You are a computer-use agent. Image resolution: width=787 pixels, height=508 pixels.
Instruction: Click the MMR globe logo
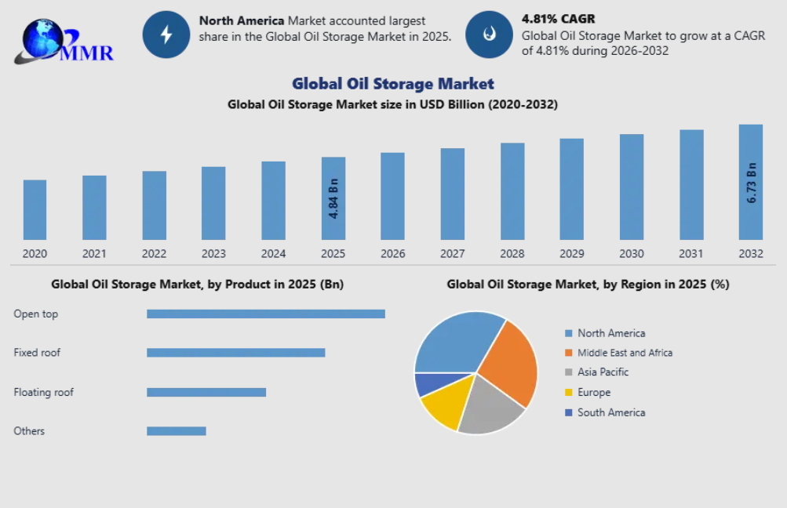pyautogui.click(x=62, y=39)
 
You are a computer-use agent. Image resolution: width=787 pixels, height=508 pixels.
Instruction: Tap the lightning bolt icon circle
pyautogui.click(x=166, y=34)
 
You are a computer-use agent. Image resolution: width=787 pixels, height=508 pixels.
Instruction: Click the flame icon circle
pyautogui.click(x=489, y=34)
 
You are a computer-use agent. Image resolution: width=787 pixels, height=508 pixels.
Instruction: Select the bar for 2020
pyautogui.click(x=35, y=209)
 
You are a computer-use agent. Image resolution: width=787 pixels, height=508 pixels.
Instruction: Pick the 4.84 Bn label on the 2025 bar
pyautogui.click(x=333, y=198)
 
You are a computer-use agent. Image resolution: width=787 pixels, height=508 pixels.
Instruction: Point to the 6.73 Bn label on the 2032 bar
pyautogui.click(x=751, y=183)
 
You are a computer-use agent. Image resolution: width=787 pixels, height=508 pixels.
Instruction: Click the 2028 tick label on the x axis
pyautogui.click(x=512, y=253)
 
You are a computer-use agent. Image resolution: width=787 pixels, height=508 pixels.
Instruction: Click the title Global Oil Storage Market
pyautogui.click(x=393, y=83)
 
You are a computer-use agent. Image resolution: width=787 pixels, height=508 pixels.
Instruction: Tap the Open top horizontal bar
pyautogui.click(x=265, y=314)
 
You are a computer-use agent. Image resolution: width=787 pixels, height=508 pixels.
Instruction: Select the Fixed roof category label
pyautogui.click(x=37, y=353)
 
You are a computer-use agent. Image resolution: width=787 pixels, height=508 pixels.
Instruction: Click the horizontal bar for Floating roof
pyautogui.click(x=206, y=392)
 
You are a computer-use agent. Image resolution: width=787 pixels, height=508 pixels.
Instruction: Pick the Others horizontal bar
pyautogui.click(x=176, y=430)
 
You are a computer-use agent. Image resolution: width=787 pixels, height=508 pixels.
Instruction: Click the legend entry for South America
pyautogui.click(x=610, y=412)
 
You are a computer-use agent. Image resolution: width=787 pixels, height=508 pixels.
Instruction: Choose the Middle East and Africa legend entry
pyautogui.click(x=624, y=353)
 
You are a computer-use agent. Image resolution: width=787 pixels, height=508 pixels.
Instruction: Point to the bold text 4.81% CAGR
pyautogui.click(x=558, y=18)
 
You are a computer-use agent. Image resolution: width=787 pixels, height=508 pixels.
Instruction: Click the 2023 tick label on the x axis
pyautogui.click(x=213, y=253)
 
